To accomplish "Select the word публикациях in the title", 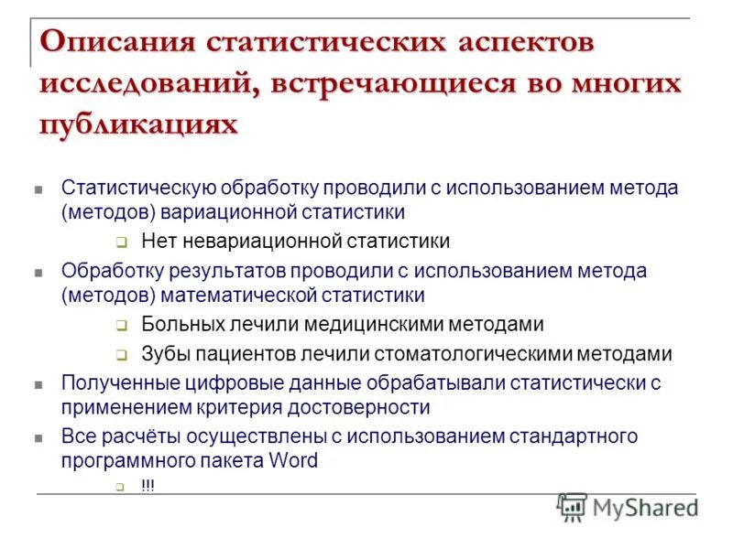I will point(138,123).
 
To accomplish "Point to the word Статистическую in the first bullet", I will point(138,188).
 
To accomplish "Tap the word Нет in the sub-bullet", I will point(158,241).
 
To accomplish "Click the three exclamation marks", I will point(148,486).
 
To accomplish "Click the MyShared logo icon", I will point(572,506).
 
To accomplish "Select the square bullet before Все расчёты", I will point(38,438).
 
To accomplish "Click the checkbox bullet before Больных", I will point(121,326).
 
